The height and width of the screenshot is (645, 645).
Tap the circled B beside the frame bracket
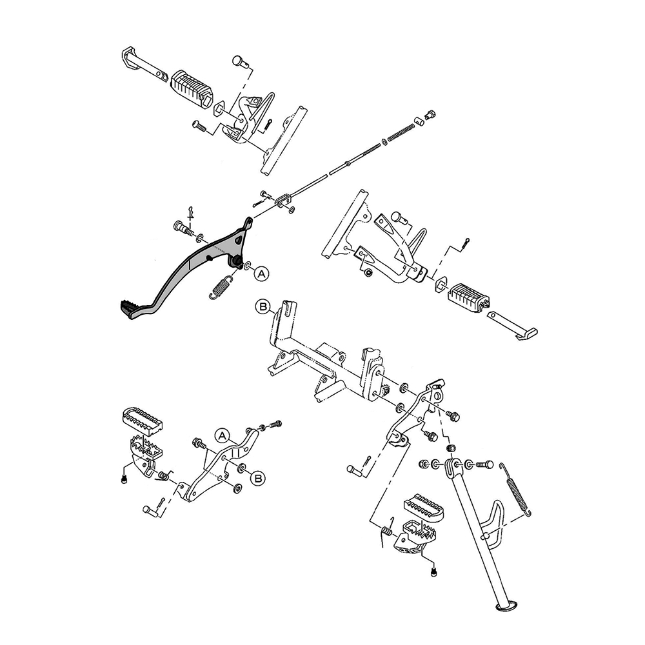tap(263, 307)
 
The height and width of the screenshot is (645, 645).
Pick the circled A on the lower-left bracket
tap(222, 435)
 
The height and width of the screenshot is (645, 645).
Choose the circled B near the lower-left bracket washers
tap(259, 478)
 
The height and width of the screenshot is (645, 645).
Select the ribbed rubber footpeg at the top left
tap(192, 88)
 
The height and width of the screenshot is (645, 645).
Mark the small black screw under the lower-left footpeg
tap(124, 479)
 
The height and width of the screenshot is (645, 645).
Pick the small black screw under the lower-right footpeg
tap(433, 571)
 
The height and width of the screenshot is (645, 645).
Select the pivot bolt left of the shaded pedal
tap(183, 227)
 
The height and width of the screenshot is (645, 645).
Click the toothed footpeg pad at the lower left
tap(143, 420)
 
